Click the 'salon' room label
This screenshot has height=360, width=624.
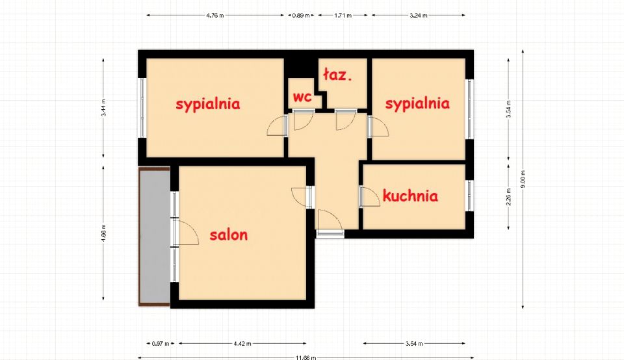pos(228,235)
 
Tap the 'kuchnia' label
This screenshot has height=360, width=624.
pos(410,196)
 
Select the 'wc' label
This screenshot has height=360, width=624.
pos(302,97)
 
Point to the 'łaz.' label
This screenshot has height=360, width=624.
pos(337,75)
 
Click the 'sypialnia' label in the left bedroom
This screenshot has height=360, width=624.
pos(208,104)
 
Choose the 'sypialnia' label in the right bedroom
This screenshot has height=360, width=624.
pos(417,103)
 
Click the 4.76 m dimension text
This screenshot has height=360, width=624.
pos(215,16)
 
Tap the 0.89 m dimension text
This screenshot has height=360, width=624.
pos(301,16)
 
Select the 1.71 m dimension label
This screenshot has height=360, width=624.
pos(343,16)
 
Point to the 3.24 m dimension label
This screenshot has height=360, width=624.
pos(418,16)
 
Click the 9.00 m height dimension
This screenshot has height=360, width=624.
pos(523,179)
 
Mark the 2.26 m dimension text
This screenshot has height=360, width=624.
pos(508,196)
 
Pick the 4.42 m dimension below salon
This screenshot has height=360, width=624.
pos(242,343)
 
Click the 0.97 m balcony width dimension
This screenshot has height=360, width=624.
pos(161,343)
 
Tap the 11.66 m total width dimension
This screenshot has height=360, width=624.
pos(305,357)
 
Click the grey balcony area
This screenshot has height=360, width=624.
pos(155,237)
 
